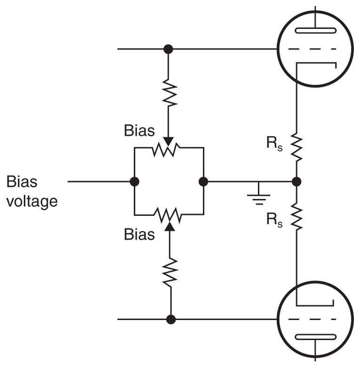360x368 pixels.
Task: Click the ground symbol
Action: pos(258,195)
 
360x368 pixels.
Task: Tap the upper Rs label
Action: pos(274,143)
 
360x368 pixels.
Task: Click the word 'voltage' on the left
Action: pos(32,202)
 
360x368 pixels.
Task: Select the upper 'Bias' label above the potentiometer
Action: pos(139,131)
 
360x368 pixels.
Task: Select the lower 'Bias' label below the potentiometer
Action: pos(139,234)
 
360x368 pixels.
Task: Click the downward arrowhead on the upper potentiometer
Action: pos(168,141)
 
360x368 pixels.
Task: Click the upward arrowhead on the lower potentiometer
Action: pos(170,226)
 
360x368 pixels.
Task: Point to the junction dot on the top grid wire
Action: pos(168,49)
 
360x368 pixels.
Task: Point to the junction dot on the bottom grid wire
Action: pos(171,319)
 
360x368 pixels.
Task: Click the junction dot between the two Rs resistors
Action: pos(296,181)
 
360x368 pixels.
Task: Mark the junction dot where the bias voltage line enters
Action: pos(134,181)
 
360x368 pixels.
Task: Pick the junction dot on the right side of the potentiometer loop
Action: pos(203,181)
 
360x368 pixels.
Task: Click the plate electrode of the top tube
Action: pos(315,31)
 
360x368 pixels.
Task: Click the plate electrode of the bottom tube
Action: pos(315,337)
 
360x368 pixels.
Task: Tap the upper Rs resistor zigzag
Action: pos(296,147)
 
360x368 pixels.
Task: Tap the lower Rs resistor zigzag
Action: pos(296,216)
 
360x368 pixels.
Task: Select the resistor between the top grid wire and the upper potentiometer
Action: pos(169,93)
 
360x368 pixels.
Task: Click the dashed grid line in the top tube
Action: pos(312,49)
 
